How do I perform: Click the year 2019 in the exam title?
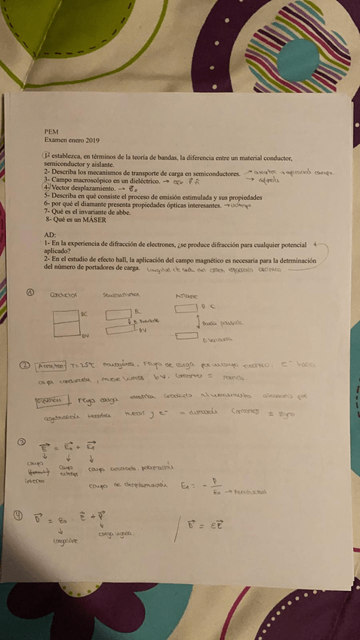[91, 140]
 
